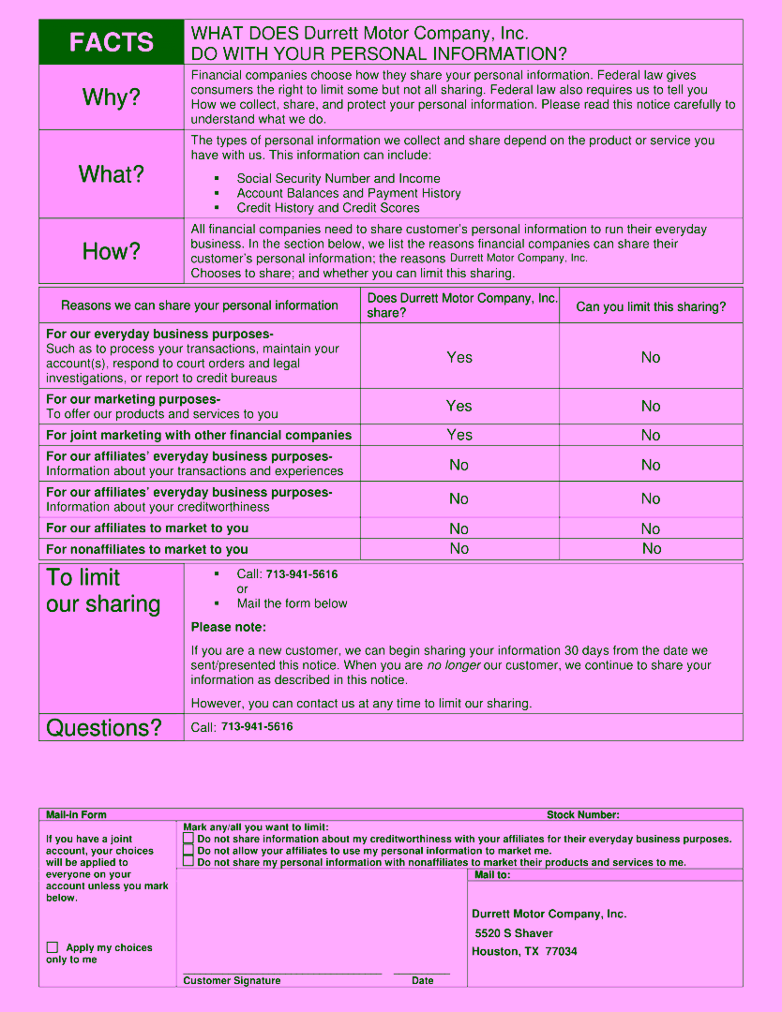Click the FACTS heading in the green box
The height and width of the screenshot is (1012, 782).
(x=112, y=42)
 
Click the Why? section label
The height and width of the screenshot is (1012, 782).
(x=112, y=97)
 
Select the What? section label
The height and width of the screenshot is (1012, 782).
(x=112, y=174)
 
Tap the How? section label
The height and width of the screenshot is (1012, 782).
(x=112, y=251)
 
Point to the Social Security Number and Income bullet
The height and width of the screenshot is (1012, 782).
(x=338, y=178)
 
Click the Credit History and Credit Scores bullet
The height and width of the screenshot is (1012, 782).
(x=328, y=208)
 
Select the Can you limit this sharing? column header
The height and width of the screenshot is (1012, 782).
(x=651, y=306)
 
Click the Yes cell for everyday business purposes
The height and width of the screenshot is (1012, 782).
(x=459, y=357)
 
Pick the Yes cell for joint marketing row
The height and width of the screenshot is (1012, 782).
(x=459, y=435)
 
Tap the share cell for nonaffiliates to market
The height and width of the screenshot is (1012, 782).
(x=459, y=549)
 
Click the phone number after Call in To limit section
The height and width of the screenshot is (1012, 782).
(x=302, y=574)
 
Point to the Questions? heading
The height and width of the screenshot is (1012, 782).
(x=104, y=728)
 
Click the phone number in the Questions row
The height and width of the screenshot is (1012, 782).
(x=257, y=727)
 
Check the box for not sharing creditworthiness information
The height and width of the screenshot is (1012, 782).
(x=188, y=839)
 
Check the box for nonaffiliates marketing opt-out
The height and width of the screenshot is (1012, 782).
(x=188, y=861)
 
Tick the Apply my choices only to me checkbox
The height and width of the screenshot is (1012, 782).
(x=53, y=947)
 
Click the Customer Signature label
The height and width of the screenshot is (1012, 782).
(x=232, y=980)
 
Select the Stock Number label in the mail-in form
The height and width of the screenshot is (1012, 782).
(x=582, y=815)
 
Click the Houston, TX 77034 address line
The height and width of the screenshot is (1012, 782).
(x=524, y=951)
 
